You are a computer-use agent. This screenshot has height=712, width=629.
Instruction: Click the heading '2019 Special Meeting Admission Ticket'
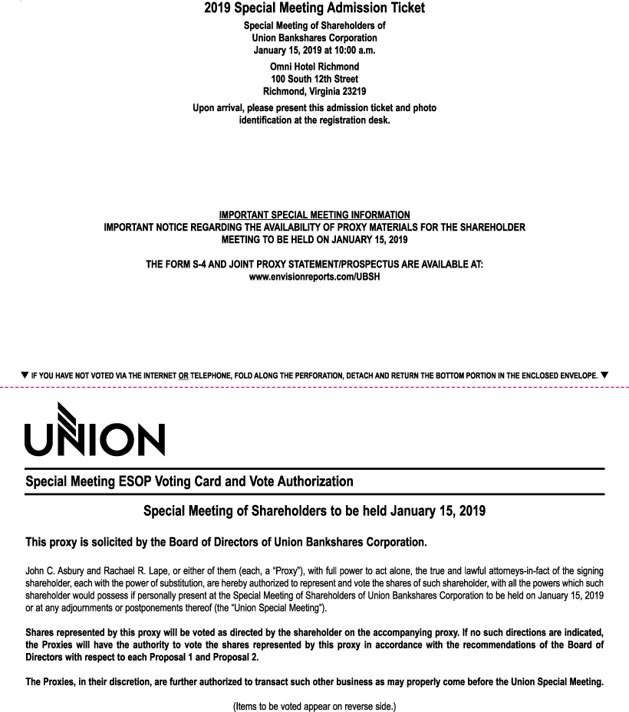314,9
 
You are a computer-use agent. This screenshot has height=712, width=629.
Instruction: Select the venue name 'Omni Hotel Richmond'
314,67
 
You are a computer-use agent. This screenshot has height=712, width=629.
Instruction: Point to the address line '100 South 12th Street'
314,79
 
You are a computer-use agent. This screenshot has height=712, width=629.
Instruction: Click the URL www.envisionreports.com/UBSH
314,276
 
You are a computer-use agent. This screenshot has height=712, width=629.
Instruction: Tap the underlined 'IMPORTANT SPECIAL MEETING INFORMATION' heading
314,215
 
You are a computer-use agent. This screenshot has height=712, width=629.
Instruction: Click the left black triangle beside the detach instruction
25,375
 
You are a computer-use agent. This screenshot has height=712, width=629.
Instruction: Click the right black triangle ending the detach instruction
604,375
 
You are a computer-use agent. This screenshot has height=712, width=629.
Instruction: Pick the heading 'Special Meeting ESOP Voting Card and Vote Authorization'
189,482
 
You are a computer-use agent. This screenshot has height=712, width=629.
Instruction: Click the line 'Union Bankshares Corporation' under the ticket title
314,38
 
